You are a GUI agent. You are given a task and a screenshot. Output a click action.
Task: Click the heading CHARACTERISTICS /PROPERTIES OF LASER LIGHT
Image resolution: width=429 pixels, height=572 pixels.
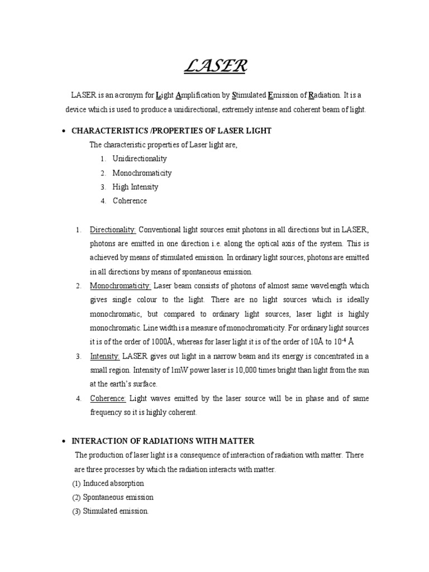172,131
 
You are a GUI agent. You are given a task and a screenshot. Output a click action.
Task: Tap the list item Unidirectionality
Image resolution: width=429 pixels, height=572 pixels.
140,159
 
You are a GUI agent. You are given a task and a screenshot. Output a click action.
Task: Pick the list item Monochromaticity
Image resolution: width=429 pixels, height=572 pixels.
142,173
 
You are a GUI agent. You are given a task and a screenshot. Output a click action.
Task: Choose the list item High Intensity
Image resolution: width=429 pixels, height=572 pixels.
135,187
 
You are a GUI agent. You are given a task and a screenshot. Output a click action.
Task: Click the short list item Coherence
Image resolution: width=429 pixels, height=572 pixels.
130,201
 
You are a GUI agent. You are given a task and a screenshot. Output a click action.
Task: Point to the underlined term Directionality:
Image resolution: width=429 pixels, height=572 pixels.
113,230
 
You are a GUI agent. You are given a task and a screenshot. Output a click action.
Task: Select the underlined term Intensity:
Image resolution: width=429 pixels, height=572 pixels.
104,356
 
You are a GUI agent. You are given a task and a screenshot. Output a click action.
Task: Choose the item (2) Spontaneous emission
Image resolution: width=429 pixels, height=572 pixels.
112,497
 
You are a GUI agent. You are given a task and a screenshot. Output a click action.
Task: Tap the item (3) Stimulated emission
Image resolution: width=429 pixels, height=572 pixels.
110,511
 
